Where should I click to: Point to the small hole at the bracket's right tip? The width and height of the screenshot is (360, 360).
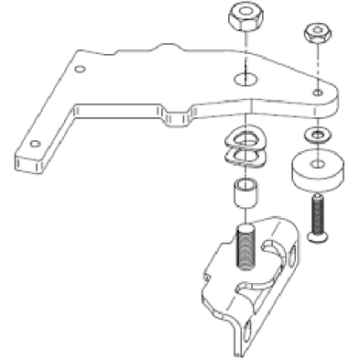(x=317, y=95)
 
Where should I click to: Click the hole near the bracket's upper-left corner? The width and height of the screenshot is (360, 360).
(x=82, y=69)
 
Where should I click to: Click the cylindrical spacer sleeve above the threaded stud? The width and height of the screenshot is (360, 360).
(x=244, y=195)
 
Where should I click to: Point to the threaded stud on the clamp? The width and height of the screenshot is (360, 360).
(x=245, y=245)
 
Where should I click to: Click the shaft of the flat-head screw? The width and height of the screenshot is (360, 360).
(x=317, y=216)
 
